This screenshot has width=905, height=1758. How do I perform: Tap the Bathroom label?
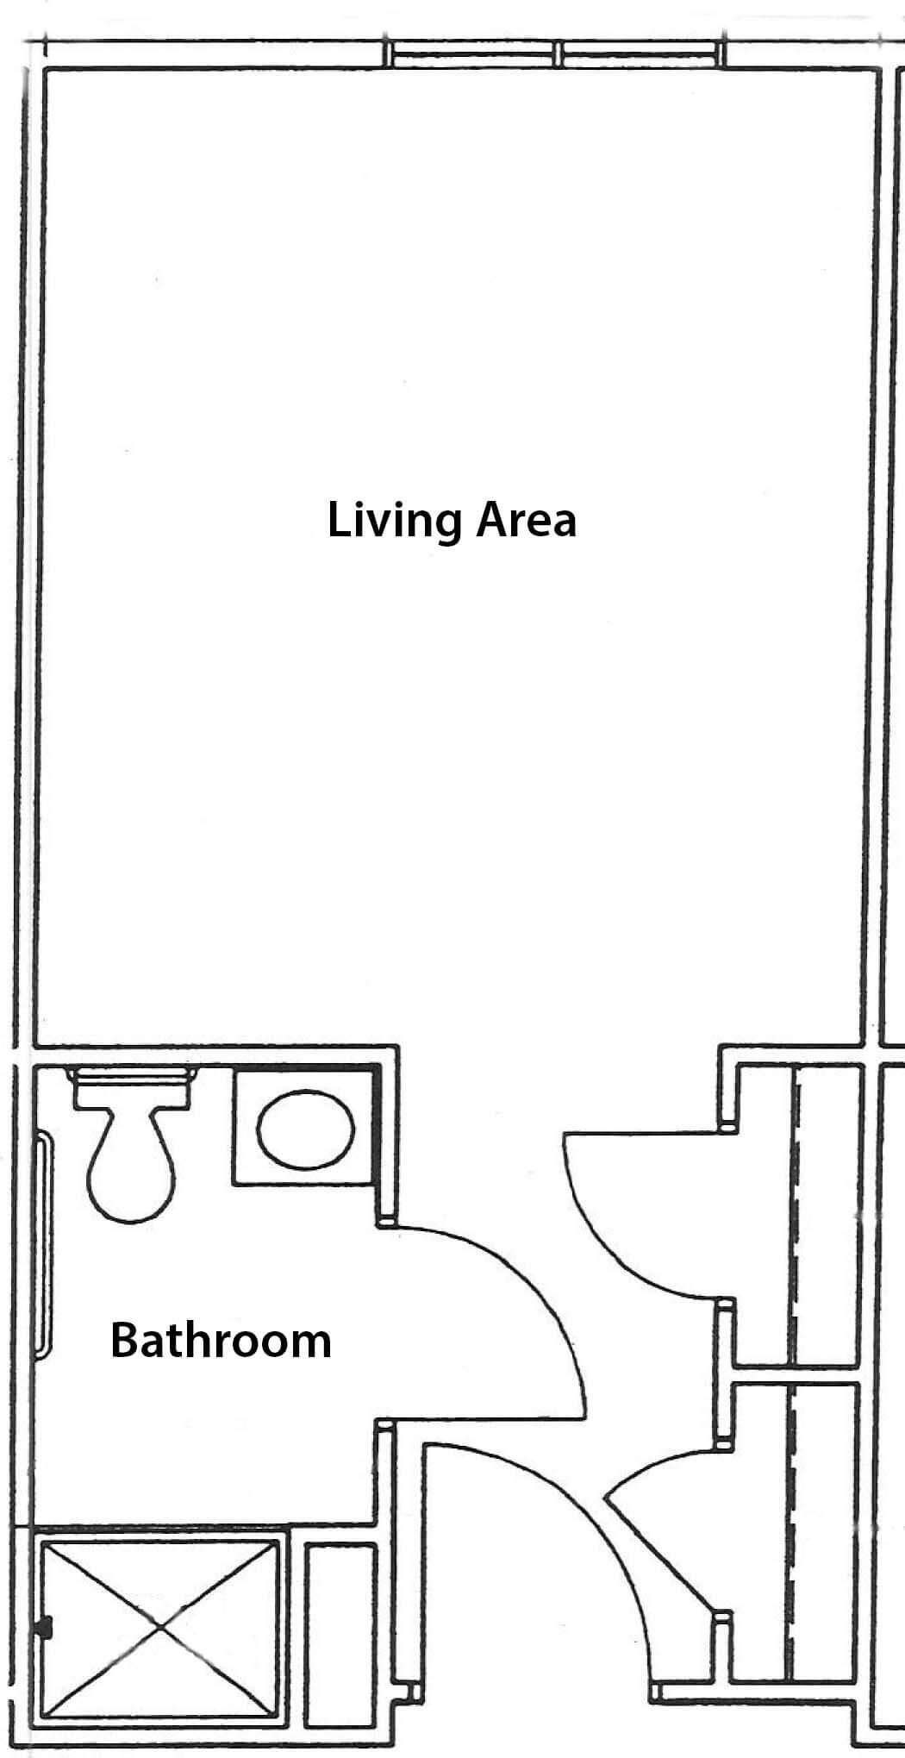pyautogui.click(x=221, y=1341)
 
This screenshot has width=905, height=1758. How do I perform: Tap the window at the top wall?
pyautogui.click(x=557, y=53)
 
